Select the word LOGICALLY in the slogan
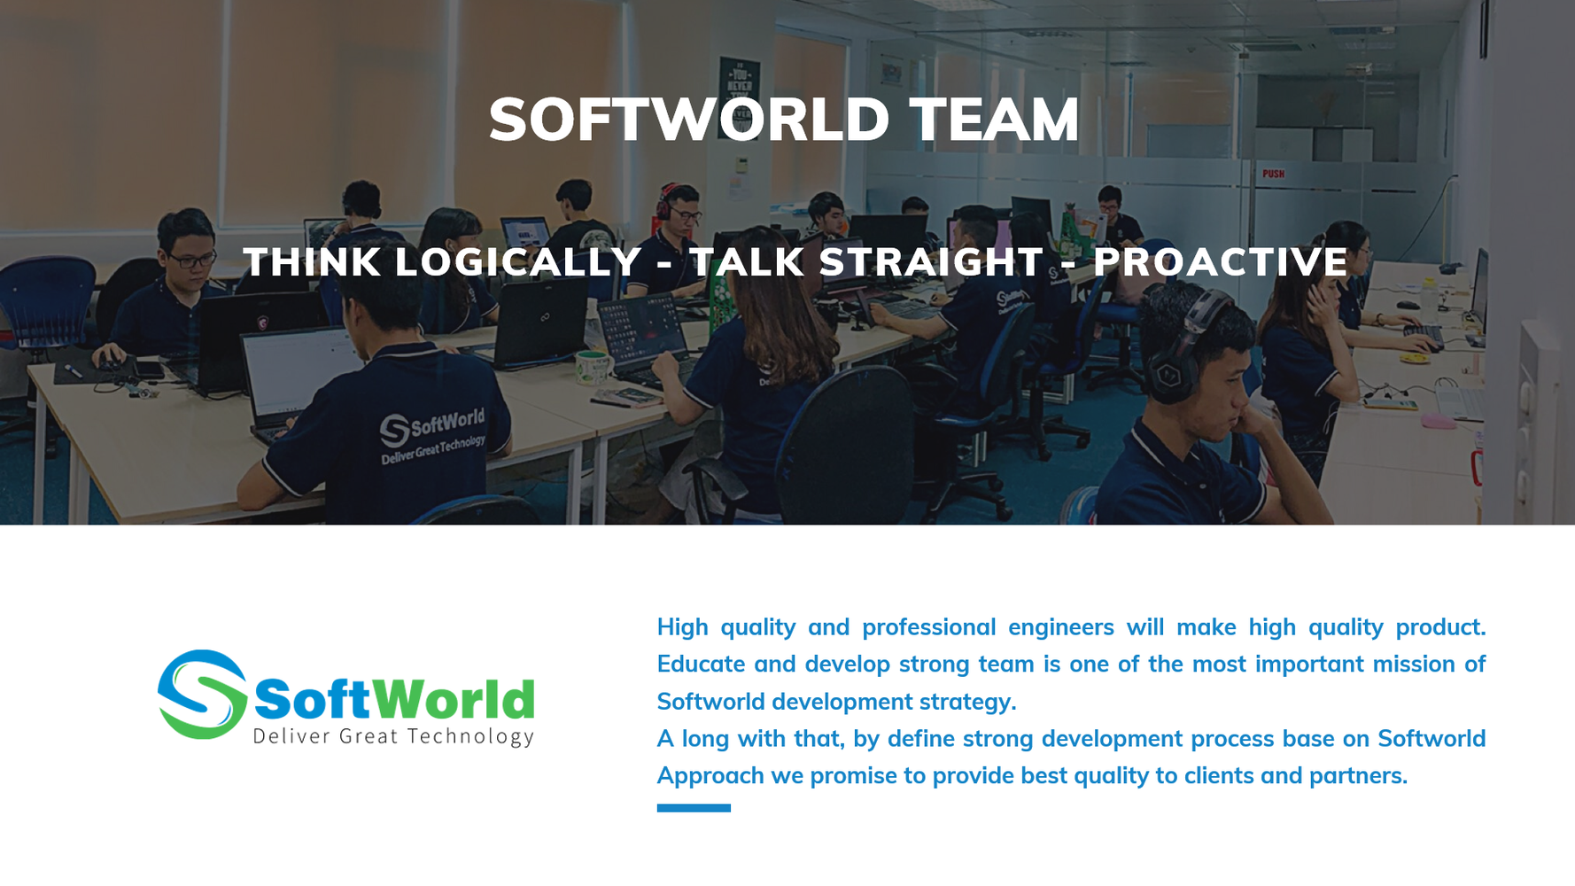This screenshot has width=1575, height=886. pyautogui.click(x=518, y=262)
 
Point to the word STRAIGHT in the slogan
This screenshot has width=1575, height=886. pyautogui.click(x=931, y=262)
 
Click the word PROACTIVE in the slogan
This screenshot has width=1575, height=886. pyautogui.click(x=1220, y=262)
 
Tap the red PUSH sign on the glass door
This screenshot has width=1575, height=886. pyautogui.click(x=1273, y=174)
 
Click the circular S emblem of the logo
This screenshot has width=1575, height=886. pyautogui.click(x=202, y=695)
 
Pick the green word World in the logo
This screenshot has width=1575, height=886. pyautogui.click(x=454, y=700)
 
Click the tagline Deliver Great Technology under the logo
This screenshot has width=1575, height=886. pyautogui.click(x=393, y=736)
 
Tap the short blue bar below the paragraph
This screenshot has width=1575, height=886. pyautogui.click(x=694, y=808)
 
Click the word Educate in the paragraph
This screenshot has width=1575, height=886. pyautogui.click(x=700, y=664)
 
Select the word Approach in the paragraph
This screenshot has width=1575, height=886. pyautogui.click(x=709, y=776)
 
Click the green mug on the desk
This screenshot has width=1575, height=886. pyautogui.click(x=591, y=365)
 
